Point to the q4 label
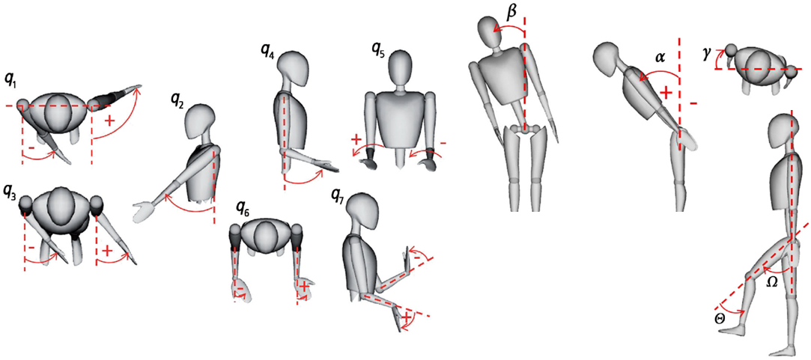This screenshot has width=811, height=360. (x=268, y=52)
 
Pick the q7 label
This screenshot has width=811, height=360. (x=341, y=196)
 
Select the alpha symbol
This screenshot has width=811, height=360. (x=660, y=58)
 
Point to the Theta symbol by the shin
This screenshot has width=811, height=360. (x=720, y=319)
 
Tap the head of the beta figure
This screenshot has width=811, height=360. (x=490, y=32)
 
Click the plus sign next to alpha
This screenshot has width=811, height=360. (x=666, y=93)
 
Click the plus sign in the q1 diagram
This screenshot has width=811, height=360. (x=109, y=121)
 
